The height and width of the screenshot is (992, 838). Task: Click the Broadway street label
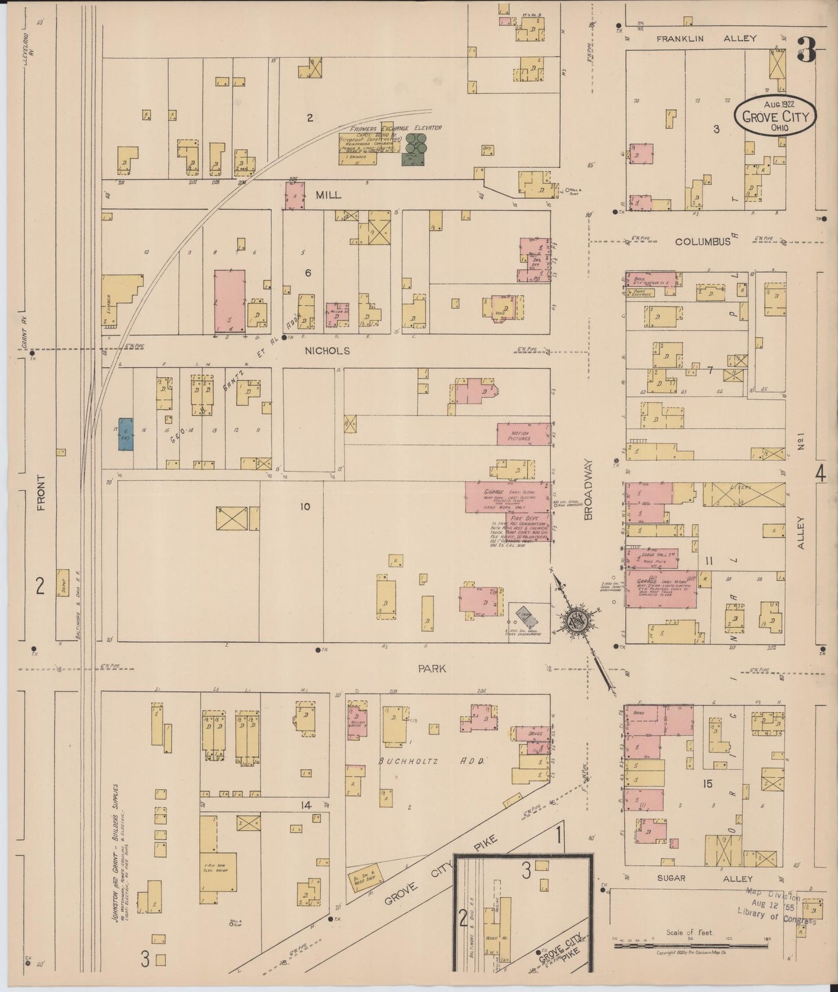click(x=588, y=489)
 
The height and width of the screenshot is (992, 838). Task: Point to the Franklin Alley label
click(x=706, y=38)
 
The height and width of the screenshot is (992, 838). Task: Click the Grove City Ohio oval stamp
click(x=776, y=115)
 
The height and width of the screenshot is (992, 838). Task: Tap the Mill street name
click(x=328, y=195)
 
